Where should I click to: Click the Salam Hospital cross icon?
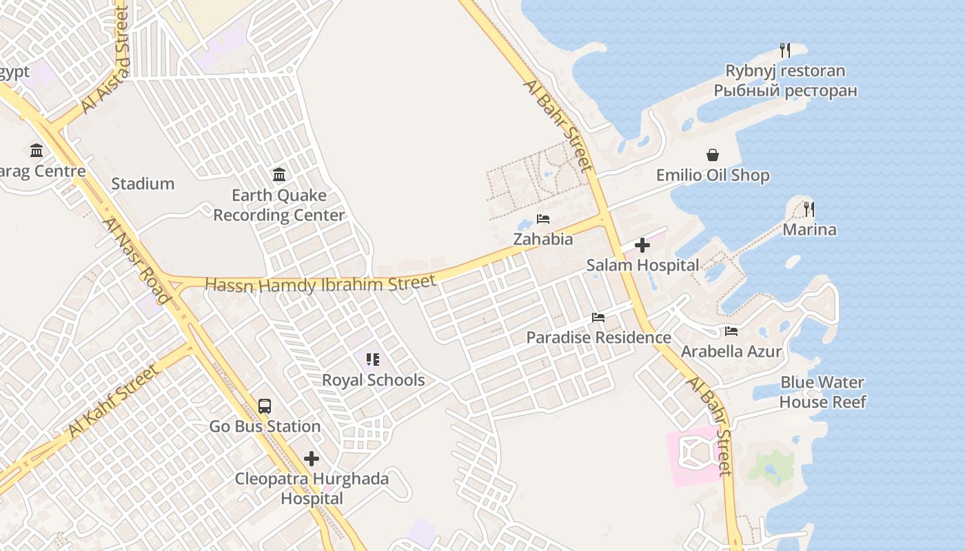642,245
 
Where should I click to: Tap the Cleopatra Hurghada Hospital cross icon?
312,459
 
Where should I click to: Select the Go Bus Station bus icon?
265,406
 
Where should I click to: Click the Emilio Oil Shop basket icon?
712,155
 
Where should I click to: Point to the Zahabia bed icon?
543,219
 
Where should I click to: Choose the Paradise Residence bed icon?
598,318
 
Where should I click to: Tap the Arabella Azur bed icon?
731,331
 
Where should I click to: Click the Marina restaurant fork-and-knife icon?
809,209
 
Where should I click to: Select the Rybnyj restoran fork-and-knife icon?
784,50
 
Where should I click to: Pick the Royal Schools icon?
373,360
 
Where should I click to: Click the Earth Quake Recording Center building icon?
279,175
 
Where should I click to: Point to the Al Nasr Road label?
136,260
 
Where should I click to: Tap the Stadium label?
143,184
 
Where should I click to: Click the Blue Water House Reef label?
822,392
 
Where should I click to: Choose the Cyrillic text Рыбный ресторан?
785,91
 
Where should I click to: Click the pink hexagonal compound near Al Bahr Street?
698,454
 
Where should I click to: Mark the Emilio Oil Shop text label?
712,176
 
